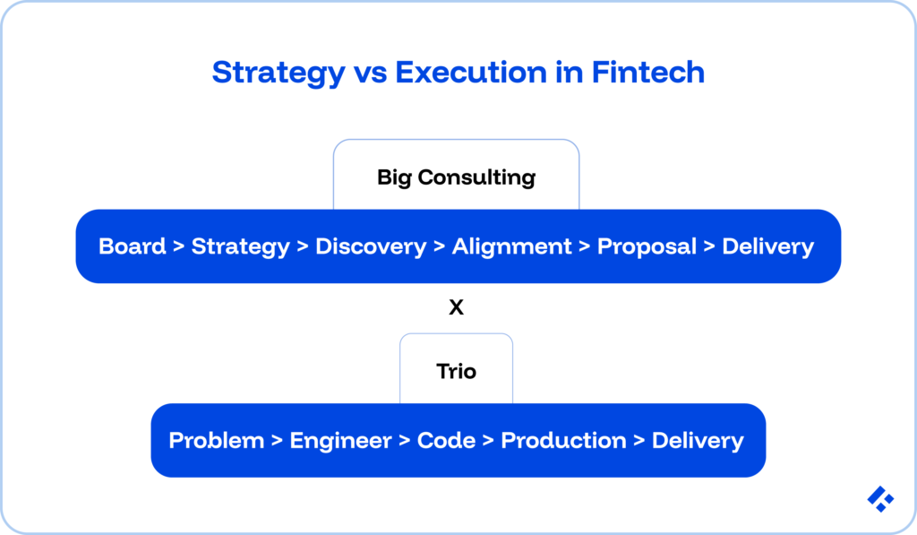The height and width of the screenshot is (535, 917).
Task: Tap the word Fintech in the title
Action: click(x=648, y=73)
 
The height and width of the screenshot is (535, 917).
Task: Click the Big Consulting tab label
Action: click(x=456, y=177)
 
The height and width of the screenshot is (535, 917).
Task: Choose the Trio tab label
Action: click(x=456, y=371)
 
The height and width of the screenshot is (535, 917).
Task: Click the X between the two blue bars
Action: click(x=456, y=308)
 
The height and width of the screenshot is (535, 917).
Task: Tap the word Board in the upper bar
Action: click(x=133, y=246)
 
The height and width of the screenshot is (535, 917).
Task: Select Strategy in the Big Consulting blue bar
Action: click(x=240, y=246)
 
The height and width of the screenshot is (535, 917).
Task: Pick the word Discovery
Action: click(x=371, y=246)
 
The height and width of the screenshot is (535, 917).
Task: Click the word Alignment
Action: click(x=511, y=246)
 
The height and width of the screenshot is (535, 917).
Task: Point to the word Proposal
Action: click(x=647, y=246)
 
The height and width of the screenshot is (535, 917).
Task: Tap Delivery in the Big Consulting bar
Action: click(x=767, y=246)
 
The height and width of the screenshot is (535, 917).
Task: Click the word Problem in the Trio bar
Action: click(x=217, y=441)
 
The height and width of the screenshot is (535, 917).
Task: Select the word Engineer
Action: click(x=340, y=441)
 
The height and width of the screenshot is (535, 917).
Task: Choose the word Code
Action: click(x=446, y=441)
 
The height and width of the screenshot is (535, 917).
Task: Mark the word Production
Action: click(x=563, y=441)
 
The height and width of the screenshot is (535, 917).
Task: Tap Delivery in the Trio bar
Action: click(x=698, y=441)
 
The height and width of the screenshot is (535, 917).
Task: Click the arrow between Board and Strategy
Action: click(x=179, y=247)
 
